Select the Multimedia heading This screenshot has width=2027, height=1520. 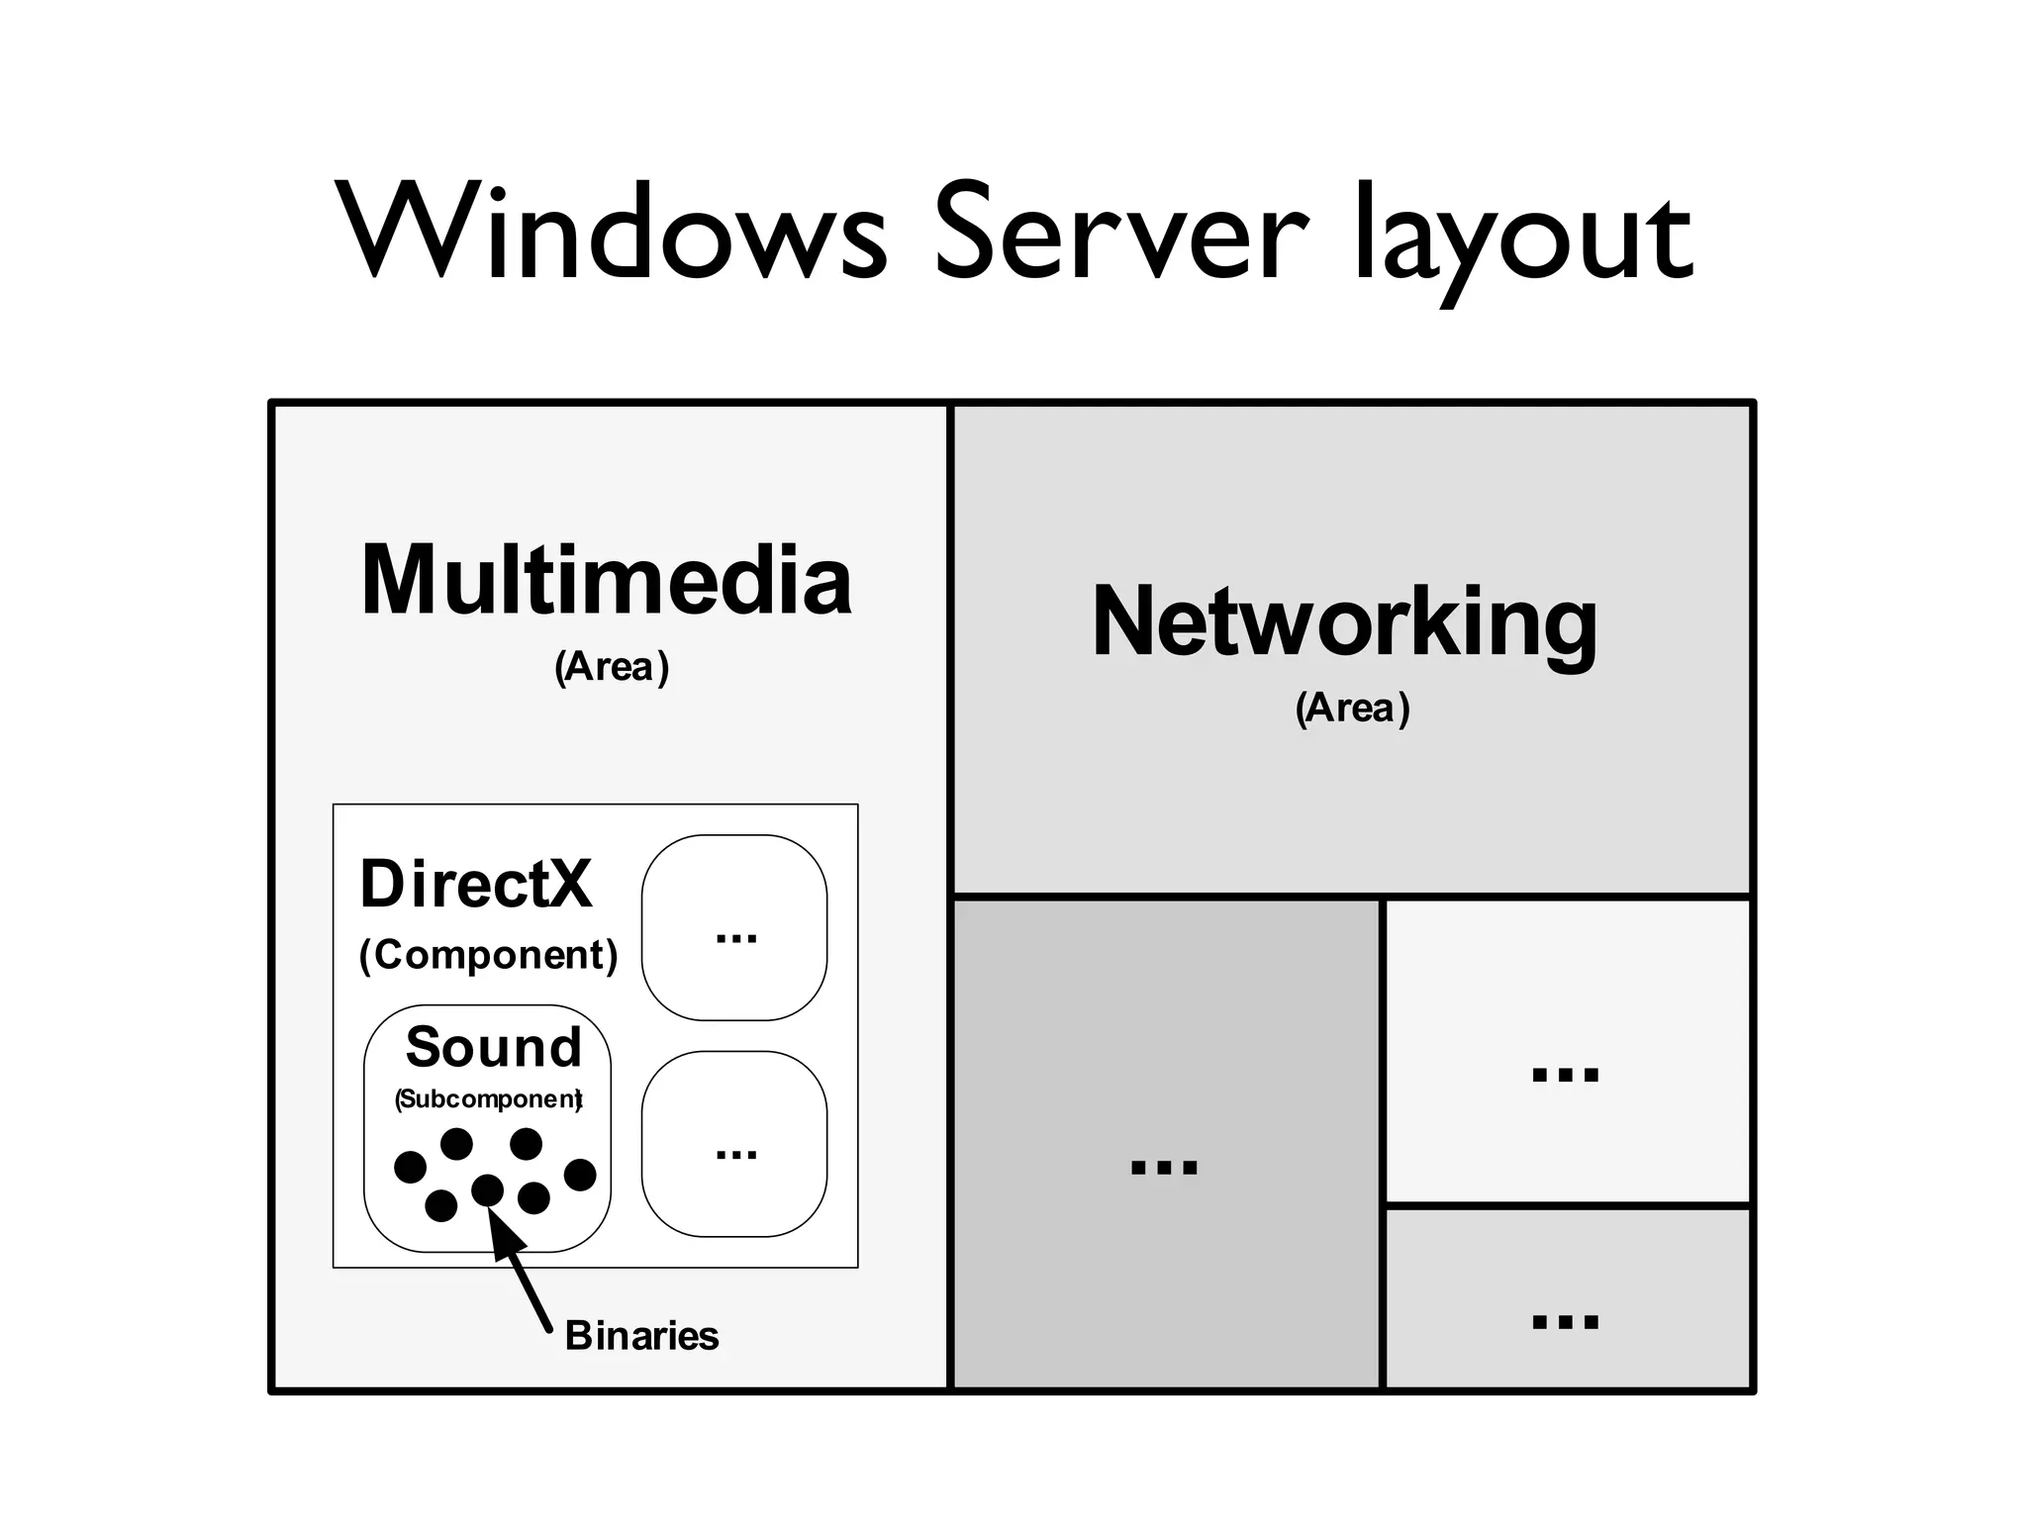[x=606, y=581]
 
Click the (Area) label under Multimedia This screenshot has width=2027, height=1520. [x=612, y=667]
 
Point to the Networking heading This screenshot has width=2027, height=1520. [x=1344, y=621]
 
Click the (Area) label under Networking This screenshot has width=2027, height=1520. [x=1352, y=709]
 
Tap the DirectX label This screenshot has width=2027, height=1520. [x=476, y=884]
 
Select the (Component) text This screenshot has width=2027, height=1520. [x=488, y=955]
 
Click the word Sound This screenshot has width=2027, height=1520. [x=494, y=1047]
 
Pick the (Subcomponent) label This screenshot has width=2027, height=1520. [x=488, y=1099]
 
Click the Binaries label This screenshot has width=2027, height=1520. [x=641, y=1336]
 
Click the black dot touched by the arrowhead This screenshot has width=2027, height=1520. [x=487, y=1189]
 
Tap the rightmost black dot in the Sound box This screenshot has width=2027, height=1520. [x=580, y=1175]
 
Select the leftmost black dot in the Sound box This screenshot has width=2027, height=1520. [x=410, y=1167]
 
